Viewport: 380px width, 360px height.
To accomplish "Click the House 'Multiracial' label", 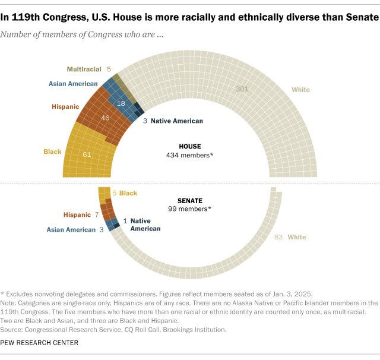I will (x=84, y=69).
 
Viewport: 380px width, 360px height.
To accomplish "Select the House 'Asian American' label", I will (x=74, y=84).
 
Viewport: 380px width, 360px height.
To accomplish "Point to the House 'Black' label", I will (x=52, y=152).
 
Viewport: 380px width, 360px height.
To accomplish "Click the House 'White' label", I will (x=300, y=90).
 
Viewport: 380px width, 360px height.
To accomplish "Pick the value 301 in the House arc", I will (x=241, y=89).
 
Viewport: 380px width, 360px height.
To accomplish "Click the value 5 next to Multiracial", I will (x=109, y=69).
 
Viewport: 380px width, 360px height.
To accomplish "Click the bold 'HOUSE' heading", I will (x=190, y=146).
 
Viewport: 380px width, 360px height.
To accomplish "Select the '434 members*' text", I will (x=190, y=155).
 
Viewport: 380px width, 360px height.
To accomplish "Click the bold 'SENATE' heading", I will (x=190, y=200).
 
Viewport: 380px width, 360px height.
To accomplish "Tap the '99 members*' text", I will (x=190, y=209).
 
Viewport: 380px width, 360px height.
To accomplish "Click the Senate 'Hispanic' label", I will (x=77, y=214).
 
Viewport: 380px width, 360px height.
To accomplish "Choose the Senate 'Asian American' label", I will (x=71, y=230).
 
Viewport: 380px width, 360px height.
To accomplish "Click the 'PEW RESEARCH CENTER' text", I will (x=39, y=343).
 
